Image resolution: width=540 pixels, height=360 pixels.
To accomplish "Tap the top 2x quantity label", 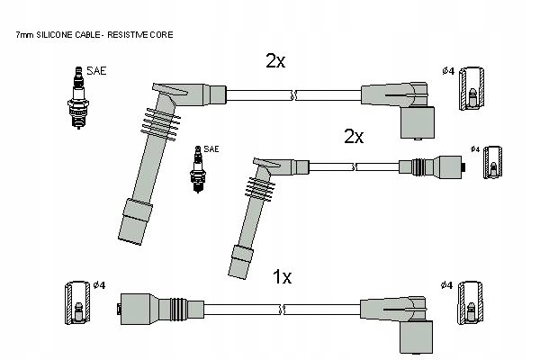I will [275, 61].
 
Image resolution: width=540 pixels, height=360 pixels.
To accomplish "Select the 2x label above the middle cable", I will [353, 137].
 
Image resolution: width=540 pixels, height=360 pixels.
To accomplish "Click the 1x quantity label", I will [282, 278].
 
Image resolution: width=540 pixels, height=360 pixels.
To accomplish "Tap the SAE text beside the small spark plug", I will [211, 148].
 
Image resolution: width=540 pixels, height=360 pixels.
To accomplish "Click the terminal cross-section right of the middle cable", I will [491, 167].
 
